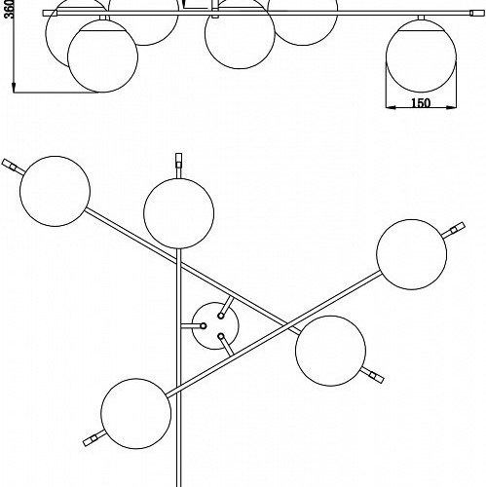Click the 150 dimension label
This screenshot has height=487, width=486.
[421, 103]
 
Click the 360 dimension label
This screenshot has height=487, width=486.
[10, 9]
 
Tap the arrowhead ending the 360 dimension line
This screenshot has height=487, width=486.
[14, 88]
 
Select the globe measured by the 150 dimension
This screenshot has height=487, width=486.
[421, 56]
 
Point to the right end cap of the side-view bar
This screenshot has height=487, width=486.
[476, 13]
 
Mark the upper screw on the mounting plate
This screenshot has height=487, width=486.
[221, 316]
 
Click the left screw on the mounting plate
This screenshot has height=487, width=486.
[204, 325]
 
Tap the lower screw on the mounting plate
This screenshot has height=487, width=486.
[221, 336]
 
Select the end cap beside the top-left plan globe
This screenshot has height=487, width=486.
[9, 165]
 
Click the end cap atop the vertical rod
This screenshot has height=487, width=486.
[178, 160]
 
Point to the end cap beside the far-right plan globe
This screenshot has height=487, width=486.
[457, 228]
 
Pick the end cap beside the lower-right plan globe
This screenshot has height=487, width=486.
[377, 377]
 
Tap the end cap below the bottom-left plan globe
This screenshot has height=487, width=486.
[91, 440]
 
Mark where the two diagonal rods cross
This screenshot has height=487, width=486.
[286, 324]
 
